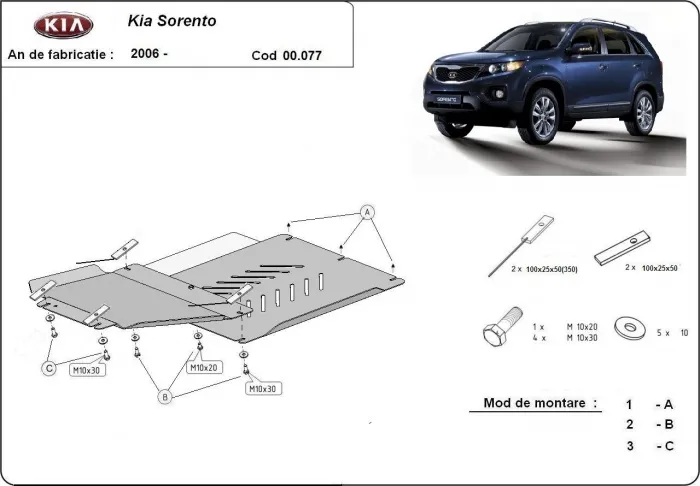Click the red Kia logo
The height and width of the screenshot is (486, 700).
62,25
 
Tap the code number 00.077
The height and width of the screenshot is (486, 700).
288,56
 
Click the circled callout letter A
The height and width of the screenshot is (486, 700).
367,213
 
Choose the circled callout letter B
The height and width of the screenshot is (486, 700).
165,397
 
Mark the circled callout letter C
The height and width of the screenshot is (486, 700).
47,369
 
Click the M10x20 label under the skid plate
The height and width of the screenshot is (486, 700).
204,368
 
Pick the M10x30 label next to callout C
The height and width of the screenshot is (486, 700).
85,370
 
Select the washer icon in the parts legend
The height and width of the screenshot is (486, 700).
629,328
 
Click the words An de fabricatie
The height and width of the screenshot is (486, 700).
60,53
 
